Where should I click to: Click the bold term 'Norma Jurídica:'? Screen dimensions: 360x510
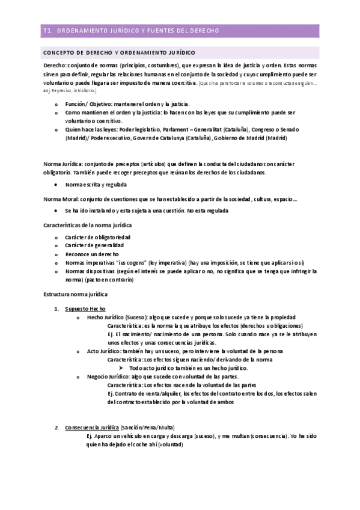(63, 164)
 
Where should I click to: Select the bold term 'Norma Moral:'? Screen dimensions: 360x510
(61, 199)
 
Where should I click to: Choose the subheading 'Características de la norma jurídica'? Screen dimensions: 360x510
(88, 225)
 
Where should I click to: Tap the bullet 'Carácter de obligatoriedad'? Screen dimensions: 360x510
(98, 237)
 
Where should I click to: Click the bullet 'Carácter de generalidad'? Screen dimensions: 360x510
(94, 245)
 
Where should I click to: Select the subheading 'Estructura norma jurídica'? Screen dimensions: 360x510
(75, 296)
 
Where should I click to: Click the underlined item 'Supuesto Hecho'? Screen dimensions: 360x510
(85, 309)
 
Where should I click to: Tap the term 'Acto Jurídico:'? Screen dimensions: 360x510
(105, 351)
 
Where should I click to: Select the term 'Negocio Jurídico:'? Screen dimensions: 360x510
(111, 376)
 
